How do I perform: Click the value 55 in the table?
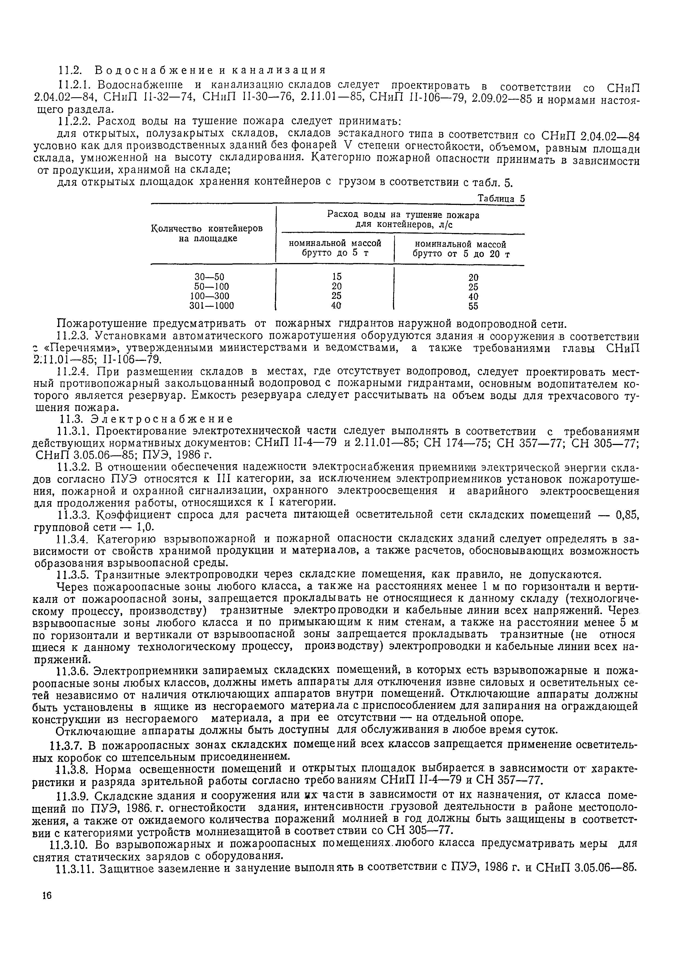473,306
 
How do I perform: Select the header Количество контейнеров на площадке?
207,233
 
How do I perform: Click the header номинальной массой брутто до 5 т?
335,248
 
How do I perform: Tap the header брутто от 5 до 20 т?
461,254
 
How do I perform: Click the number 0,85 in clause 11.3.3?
627,515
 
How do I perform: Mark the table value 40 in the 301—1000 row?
336,305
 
